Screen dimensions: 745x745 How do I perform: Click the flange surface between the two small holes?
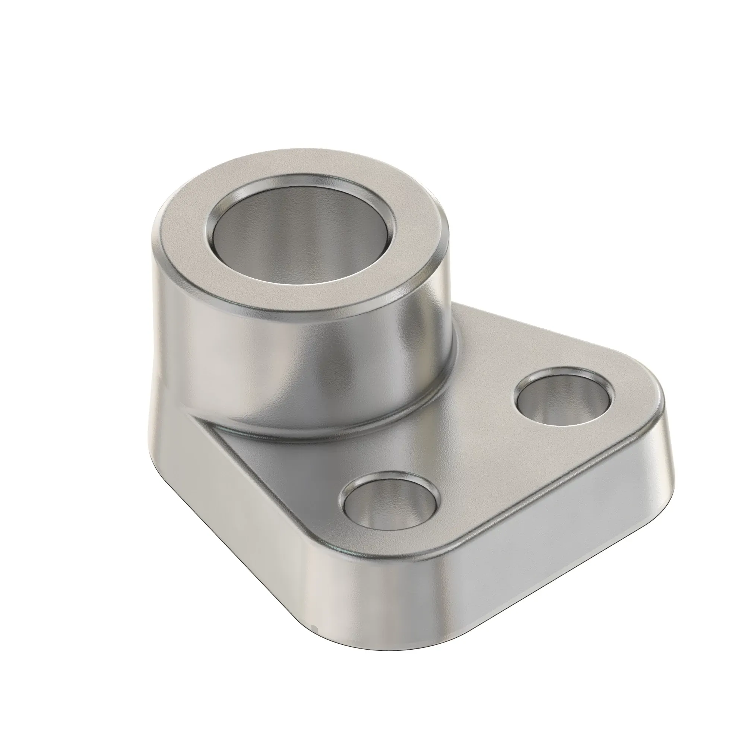[x=482, y=455]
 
